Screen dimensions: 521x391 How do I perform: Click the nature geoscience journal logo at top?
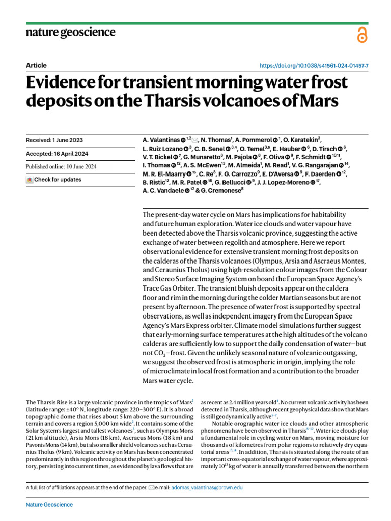click(x=70, y=33)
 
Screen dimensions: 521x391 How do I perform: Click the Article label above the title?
click(x=36, y=65)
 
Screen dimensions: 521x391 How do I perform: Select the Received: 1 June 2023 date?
click(x=54, y=140)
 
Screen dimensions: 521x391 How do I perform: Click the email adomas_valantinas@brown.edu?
click(x=207, y=487)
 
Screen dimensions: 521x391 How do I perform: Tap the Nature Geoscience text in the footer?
click(x=49, y=505)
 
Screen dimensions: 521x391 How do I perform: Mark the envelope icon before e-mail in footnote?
click(x=151, y=487)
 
